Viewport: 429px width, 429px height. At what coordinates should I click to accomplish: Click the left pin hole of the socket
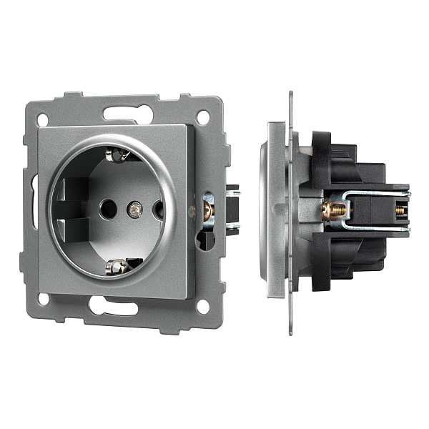[108, 209]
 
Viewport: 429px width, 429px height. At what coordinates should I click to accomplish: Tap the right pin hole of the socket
[158, 209]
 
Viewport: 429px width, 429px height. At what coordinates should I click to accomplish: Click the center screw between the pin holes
[133, 209]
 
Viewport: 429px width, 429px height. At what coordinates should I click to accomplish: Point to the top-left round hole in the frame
[44, 119]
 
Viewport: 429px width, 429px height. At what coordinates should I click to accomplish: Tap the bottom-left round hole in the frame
[44, 304]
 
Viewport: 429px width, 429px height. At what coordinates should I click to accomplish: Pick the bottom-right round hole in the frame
[203, 306]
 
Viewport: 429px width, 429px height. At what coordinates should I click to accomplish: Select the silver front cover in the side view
[275, 211]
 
